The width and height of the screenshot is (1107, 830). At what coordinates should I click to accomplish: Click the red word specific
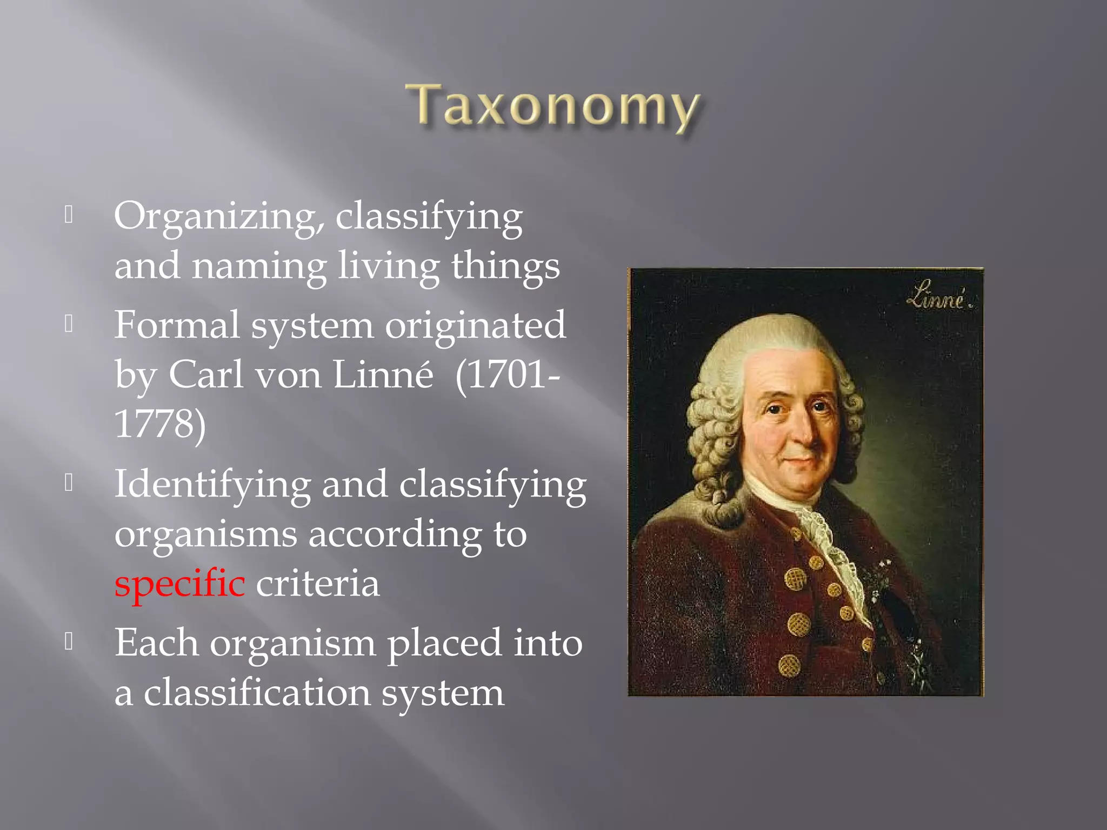click(x=179, y=584)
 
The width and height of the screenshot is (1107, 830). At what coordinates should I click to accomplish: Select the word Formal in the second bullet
click(x=177, y=325)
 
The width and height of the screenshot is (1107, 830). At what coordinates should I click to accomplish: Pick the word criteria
click(x=318, y=584)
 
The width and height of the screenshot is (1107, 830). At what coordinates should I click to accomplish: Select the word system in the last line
click(x=443, y=693)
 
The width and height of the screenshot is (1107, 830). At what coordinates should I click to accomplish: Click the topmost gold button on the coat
click(x=796, y=534)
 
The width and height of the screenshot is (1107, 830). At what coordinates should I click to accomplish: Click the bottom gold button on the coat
click(x=789, y=665)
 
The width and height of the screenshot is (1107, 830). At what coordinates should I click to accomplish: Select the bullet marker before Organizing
click(x=69, y=215)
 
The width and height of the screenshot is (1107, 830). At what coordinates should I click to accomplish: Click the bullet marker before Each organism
click(x=69, y=642)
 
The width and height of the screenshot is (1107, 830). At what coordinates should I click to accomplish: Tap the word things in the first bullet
click(x=505, y=266)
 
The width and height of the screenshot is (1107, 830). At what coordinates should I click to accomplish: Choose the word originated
click(x=475, y=325)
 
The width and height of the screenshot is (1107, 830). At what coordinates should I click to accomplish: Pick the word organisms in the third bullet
click(x=205, y=534)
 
